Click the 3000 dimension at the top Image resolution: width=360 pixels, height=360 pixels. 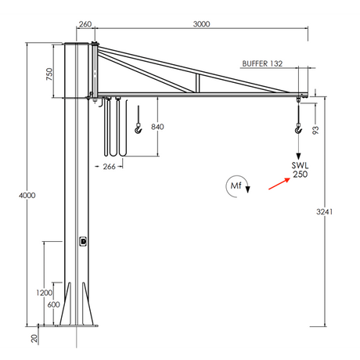click(201, 25)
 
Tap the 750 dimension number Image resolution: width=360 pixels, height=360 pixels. click(49, 74)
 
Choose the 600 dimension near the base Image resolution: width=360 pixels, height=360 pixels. click(54, 304)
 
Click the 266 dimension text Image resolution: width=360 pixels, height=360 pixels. click(109, 167)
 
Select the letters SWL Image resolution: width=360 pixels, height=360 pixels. click(300, 166)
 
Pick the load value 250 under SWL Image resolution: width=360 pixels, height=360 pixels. click(300, 175)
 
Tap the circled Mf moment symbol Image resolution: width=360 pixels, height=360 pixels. click(236, 185)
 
